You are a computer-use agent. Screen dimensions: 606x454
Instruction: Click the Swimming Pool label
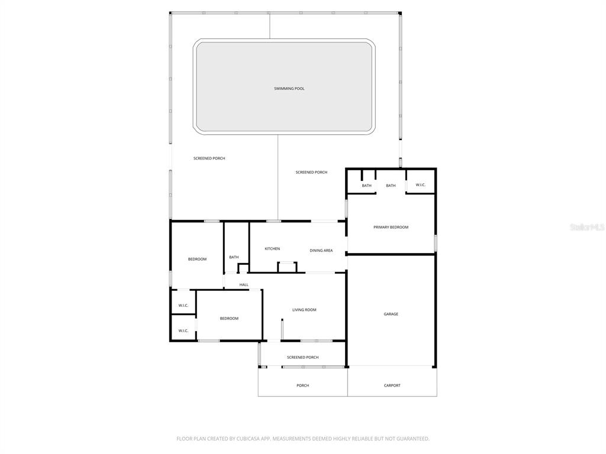(289, 89)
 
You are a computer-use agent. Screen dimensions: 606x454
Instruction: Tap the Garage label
(391, 314)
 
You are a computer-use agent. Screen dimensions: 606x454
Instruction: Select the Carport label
(392, 385)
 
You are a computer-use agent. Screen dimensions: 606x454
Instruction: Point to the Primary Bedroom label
(391, 228)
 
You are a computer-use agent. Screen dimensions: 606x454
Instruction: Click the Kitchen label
(272, 249)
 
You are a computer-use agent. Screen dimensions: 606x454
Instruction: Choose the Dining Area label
(321, 251)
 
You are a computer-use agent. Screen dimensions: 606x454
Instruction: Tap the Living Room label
(304, 310)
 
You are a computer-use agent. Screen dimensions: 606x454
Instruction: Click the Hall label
(244, 285)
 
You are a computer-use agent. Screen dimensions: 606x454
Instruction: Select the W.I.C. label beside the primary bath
(421, 185)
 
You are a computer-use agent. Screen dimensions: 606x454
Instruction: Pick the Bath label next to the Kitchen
(234, 257)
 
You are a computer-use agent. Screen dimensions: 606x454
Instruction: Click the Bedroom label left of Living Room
(229, 319)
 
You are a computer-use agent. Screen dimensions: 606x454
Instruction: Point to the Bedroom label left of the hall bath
(197, 259)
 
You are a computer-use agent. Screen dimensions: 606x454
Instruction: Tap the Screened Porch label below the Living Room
(302, 358)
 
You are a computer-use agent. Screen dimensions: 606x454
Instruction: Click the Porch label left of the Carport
(302, 385)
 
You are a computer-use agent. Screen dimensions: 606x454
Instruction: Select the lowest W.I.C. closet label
(183, 331)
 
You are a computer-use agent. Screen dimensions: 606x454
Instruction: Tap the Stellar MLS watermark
(587, 227)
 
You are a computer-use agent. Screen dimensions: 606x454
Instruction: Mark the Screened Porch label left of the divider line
(209, 158)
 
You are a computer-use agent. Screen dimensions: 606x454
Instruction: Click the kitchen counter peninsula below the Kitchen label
(287, 267)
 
